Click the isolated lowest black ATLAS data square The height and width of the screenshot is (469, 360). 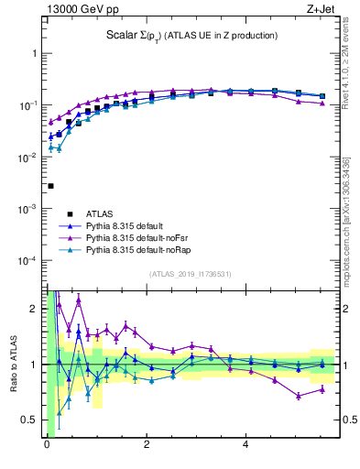50,186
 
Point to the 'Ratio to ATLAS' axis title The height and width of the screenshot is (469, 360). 14,364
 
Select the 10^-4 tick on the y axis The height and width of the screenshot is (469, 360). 27,261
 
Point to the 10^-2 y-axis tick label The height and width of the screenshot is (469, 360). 27,158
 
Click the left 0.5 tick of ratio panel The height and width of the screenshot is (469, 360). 31,420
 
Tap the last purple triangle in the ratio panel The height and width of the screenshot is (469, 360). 321,389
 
